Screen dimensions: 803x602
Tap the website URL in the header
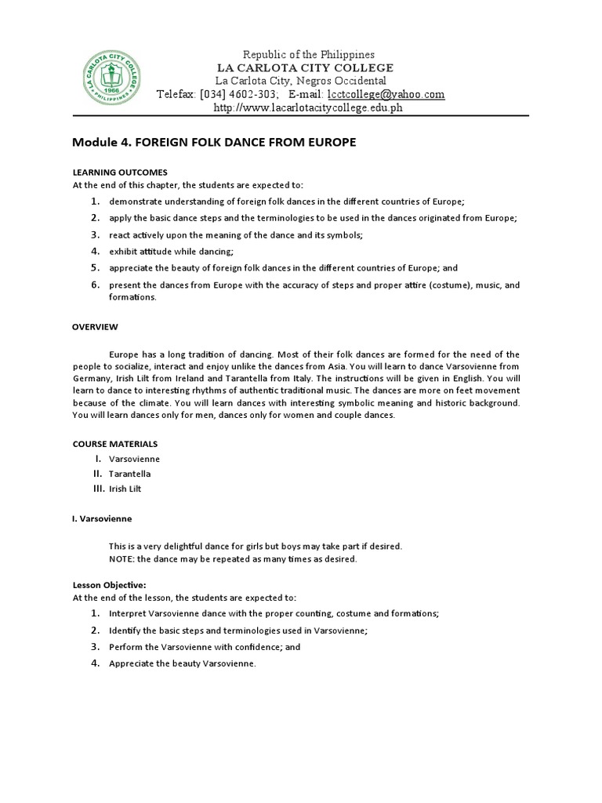point(307,107)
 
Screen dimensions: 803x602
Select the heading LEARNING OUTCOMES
point(120,172)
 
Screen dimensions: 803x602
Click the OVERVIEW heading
point(95,326)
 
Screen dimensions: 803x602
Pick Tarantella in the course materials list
point(130,474)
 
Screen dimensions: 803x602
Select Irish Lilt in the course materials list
point(126,489)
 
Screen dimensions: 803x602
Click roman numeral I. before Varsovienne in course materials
point(98,458)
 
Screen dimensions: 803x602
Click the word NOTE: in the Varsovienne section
point(122,559)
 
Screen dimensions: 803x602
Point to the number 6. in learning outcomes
point(94,285)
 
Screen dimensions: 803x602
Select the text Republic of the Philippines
point(309,54)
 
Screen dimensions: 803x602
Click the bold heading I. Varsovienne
point(102,519)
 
